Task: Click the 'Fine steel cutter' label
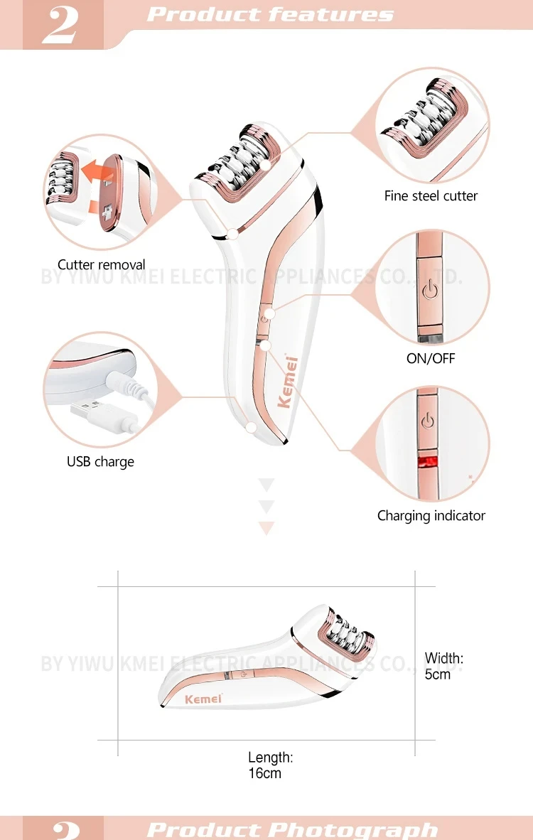click(x=431, y=196)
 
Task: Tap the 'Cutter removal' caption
click(x=101, y=265)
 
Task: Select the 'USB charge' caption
click(x=100, y=462)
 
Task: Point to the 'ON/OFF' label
click(x=431, y=358)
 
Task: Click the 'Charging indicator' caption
click(x=431, y=516)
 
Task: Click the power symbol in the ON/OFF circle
click(x=427, y=290)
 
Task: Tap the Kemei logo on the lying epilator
click(x=203, y=699)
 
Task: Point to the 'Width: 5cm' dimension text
click(x=443, y=666)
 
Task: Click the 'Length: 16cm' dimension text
click(x=269, y=765)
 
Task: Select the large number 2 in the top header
click(x=62, y=26)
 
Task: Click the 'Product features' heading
click(x=270, y=15)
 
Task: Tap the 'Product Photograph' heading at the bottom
click(x=291, y=829)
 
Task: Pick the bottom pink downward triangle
click(x=266, y=528)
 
